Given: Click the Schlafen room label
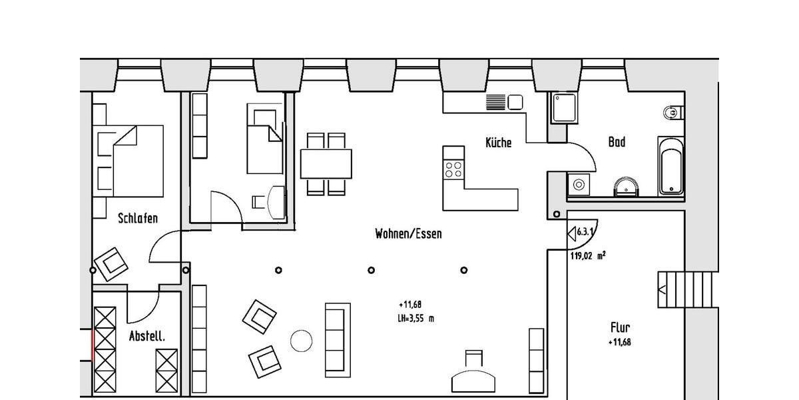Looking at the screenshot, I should (138, 218).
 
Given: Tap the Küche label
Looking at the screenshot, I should (498, 142).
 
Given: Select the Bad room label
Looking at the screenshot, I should (617, 142).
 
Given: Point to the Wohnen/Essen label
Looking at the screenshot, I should (408, 234).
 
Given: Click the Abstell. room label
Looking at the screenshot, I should (146, 337).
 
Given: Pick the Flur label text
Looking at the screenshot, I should (620, 327).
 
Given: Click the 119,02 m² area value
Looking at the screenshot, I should (587, 255).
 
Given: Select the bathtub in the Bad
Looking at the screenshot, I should (670, 166).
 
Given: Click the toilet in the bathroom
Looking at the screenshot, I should (673, 114).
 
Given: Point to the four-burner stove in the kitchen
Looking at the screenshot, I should (453, 166).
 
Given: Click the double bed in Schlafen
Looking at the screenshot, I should (130, 161).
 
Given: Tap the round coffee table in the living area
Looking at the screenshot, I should (302, 341).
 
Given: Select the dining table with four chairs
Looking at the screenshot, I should (326, 163).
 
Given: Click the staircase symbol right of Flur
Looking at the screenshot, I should (671, 289).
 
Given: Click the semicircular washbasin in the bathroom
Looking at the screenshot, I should (627, 187).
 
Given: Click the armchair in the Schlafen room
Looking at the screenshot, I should (112, 264).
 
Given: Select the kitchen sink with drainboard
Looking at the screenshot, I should (505, 102).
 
